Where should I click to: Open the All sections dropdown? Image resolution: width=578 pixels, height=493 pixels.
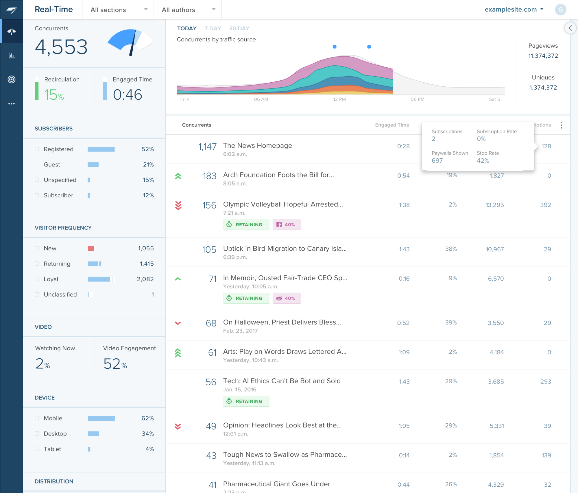click(119, 10)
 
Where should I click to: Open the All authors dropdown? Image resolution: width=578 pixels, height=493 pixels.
click(188, 10)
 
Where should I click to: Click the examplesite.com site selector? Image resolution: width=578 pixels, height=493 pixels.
click(514, 10)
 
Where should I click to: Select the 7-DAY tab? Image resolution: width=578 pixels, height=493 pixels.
click(213, 28)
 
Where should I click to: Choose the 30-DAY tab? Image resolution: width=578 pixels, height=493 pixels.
click(239, 28)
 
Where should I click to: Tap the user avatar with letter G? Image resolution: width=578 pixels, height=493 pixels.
click(560, 10)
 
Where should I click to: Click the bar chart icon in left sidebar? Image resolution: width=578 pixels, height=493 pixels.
click(12, 55)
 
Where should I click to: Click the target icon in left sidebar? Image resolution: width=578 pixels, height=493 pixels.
click(12, 79)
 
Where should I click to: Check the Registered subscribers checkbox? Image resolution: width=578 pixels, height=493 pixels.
click(37, 149)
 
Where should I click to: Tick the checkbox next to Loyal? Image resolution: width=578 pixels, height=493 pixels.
click(37, 279)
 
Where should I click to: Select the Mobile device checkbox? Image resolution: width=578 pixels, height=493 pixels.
click(37, 418)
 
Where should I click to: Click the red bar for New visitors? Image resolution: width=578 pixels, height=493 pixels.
click(91, 248)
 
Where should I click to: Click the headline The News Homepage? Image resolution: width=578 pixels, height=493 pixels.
click(257, 146)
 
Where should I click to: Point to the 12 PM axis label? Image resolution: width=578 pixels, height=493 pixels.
click(339, 99)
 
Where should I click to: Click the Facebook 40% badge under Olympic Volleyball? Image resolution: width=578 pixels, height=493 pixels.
click(286, 225)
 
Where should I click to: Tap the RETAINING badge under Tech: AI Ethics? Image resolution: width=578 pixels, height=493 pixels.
click(246, 401)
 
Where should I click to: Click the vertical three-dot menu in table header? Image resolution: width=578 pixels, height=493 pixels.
click(561, 125)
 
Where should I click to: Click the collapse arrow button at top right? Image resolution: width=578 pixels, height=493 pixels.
click(570, 28)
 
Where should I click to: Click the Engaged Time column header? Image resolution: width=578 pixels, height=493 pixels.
click(392, 125)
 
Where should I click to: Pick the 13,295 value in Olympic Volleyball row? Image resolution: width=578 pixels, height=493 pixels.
click(494, 205)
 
